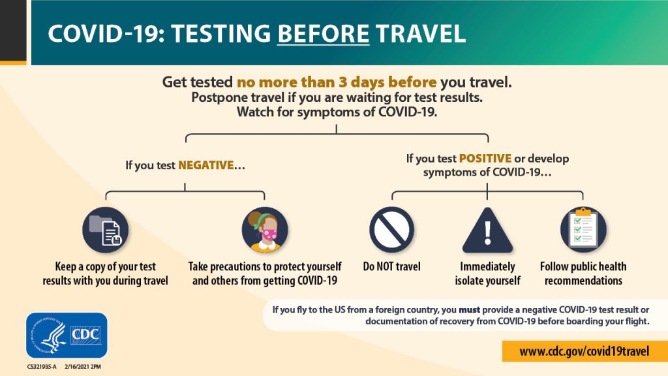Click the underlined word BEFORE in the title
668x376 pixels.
coord(323,34)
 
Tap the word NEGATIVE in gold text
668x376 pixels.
coord(205,165)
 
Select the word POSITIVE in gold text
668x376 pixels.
coord(485,158)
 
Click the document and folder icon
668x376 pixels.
coord(106,230)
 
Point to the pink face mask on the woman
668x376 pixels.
coord(269,234)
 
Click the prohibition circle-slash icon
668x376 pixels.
coord(391,230)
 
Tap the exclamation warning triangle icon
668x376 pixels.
coord(487,230)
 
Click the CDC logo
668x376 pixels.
coord(67,335)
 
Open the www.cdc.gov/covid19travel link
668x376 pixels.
coord(584,351)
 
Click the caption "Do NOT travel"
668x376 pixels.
coord(391,266)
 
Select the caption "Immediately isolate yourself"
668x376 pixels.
coord(487,274)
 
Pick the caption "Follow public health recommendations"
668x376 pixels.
coord(583,274)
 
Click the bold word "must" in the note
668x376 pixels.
coord(469,310)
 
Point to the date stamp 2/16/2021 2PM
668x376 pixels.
coord(83,367)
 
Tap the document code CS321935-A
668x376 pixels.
coord(42,367)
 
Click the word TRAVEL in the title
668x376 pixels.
coord(421,34)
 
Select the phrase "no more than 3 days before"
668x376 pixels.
coord(337,82)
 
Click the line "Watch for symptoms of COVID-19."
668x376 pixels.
coord(337,112)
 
